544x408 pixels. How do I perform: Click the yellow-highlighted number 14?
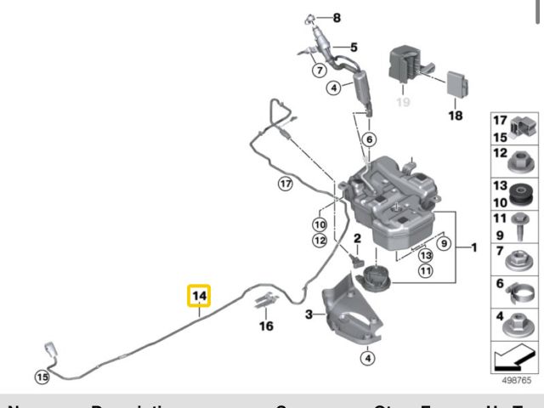[x=199, y=297]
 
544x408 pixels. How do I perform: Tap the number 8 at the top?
[x=335, y=18]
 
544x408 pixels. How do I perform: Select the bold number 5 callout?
[x=354, y=47]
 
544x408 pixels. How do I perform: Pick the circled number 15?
[x=42, y=376]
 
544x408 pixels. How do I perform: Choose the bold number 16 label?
[x=267, y=325]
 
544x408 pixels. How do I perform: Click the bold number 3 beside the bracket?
[x=309, y=314]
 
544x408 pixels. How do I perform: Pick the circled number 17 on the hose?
[x=286, y=183]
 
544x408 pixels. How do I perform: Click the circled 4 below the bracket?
[x=366, y=358]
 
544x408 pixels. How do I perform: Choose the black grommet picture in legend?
[x=519, y=195]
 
